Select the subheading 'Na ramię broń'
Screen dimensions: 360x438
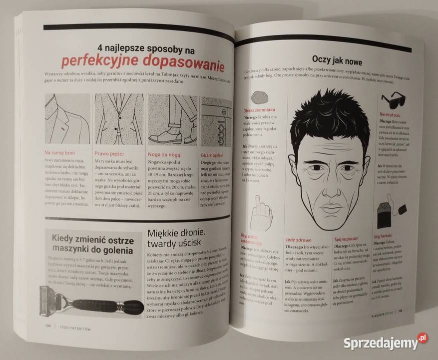pos(59,152)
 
